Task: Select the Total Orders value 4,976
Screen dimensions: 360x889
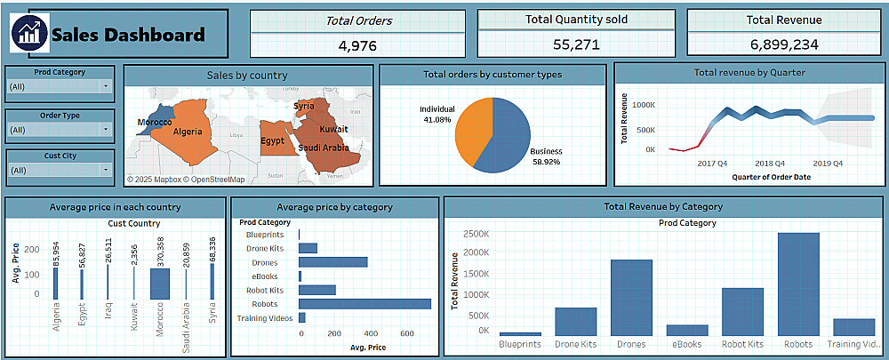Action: [x=358, y=44]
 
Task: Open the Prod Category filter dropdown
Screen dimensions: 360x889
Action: [x=106, y=86]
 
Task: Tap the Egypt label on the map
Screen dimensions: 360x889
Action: [x=272, y=140]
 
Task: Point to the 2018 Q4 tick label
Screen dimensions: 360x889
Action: [x=770, y=164]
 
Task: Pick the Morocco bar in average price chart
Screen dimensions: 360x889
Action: [x=160, y=284]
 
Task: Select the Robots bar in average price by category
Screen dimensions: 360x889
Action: [x=364, y=303]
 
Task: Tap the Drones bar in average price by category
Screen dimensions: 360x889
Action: [x=333, y=262]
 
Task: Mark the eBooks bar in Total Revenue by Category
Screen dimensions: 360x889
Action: [x=687, y=330]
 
